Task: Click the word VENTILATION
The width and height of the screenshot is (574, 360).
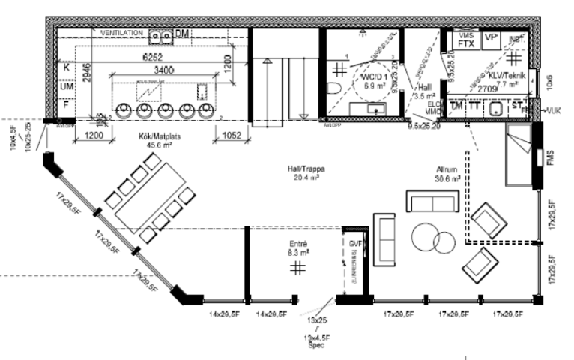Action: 122,34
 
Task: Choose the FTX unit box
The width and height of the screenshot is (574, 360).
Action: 466,44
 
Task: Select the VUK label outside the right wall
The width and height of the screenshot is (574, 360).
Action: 555,111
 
